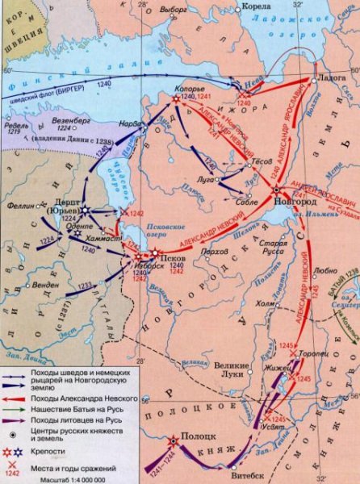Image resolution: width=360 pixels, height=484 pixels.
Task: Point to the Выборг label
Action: (x=173, y=12)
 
